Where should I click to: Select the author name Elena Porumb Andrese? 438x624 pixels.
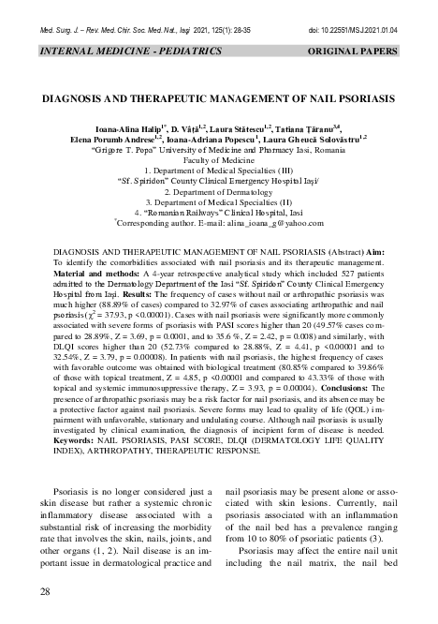109,138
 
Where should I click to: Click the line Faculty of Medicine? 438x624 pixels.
218,160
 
